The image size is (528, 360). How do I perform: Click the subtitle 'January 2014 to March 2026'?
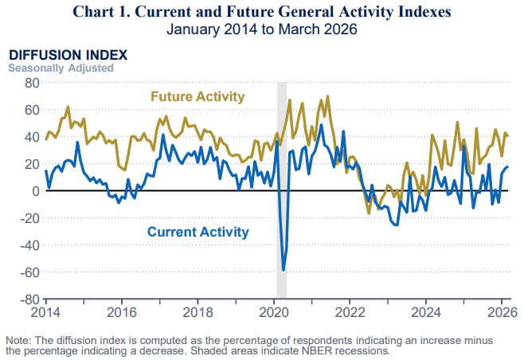pos(264,29)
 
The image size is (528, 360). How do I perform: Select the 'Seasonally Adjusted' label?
pos(61,68)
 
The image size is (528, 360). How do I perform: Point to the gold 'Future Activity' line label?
pos(198,97)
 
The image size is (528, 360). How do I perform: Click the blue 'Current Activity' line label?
pos(198,233)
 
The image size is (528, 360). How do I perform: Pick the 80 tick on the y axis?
pos(31,82)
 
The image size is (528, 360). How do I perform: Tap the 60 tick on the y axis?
pos(31,109)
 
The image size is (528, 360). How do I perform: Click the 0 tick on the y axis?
pos(35,191)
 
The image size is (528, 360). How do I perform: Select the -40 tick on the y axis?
pos(29,245)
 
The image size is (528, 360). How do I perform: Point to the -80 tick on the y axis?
pos(29,300)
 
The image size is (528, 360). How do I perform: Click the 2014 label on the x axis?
pos(45,311)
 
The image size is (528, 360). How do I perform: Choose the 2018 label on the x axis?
pos(198,311)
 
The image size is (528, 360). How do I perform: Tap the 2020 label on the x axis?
pos(274,311)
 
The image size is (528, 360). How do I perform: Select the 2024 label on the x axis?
pos(427,311)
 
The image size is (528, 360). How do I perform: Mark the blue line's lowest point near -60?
pos(284,270)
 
